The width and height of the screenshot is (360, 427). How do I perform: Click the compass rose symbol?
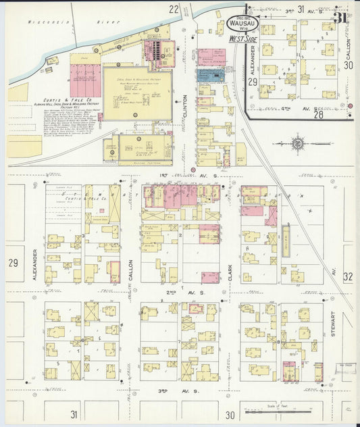click(x=298, y=143)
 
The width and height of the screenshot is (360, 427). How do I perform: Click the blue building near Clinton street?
click(x=211, y=75)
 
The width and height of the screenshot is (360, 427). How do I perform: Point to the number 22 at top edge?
click(x=174, y=9)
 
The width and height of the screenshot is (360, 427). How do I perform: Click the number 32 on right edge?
click(x=347, y=276)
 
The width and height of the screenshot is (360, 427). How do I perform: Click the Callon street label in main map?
click(x=131, y=270)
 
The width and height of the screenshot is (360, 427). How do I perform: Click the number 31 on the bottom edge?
click(x=74, y=413)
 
